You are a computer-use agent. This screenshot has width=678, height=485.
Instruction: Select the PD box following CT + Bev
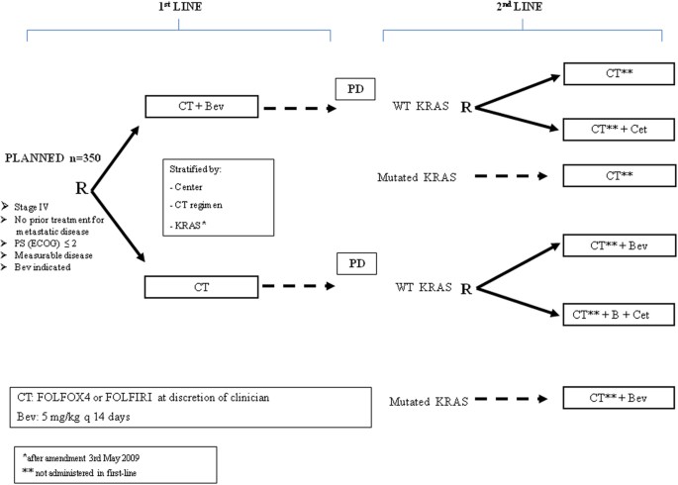click(353, 91)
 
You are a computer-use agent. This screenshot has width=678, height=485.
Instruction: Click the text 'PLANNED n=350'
click(52, 158)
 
